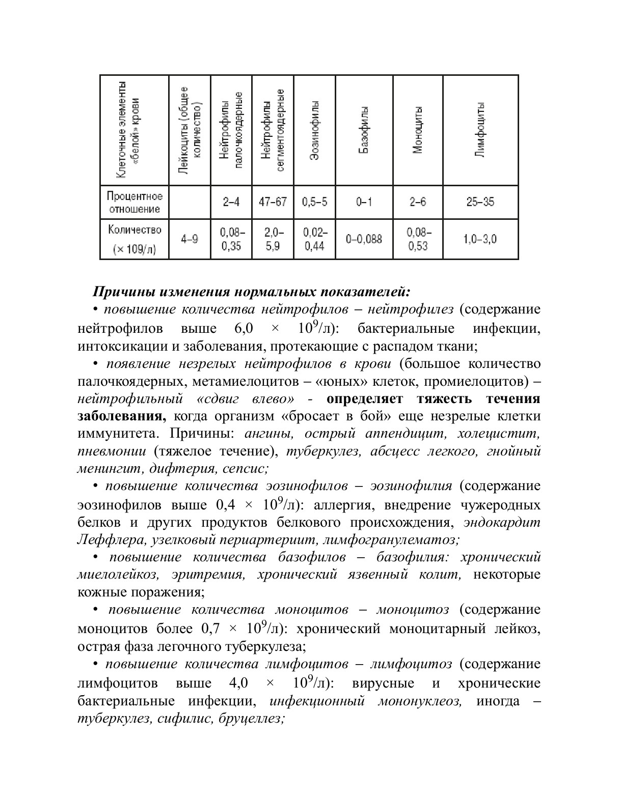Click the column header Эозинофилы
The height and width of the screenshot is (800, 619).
tap(314, 130)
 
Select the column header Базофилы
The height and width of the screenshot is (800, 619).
tap(364, 130)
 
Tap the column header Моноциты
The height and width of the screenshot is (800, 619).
tap(418, 130)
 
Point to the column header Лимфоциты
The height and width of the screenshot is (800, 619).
tap(480, 130)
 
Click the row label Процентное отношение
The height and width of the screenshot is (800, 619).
tap(134, 203)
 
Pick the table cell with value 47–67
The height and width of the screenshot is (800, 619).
tap(273, 202)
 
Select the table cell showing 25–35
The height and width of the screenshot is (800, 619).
tap(480, 202)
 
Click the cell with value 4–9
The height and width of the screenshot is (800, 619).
tap(190, 239)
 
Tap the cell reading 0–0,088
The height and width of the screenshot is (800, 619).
tap(364, 239)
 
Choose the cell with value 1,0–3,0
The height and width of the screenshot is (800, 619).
tap(480, 239)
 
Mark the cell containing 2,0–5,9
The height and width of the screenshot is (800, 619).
tap(273, 239)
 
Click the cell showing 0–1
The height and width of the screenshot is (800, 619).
tap(364, 202)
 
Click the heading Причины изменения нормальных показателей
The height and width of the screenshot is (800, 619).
tap(252, 292)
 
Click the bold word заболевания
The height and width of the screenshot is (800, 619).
tap(121, 416)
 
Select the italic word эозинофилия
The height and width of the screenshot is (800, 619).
tap(411, 486)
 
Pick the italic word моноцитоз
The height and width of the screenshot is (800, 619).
tap(412, 610)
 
